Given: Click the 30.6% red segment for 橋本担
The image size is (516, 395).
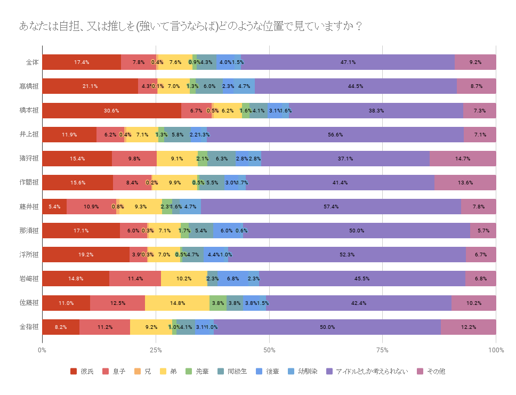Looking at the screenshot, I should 111,110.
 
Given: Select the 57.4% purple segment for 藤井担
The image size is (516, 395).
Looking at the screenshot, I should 331,207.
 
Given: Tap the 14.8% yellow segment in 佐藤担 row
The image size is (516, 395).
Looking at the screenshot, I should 178,303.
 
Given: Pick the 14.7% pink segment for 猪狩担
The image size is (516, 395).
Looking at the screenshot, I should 463,159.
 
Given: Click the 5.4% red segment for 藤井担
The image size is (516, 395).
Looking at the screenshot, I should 54,207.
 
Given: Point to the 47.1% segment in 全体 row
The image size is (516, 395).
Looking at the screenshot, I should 348,62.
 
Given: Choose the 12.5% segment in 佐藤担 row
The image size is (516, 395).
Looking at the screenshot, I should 118,303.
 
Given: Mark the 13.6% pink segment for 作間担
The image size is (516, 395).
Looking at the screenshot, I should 465,183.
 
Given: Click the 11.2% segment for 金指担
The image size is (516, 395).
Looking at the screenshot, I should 105,327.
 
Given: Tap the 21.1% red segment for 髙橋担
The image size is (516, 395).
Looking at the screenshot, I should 90,86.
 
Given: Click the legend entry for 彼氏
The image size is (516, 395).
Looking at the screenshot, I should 82,371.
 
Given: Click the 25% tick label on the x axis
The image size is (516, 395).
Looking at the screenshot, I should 156,350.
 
